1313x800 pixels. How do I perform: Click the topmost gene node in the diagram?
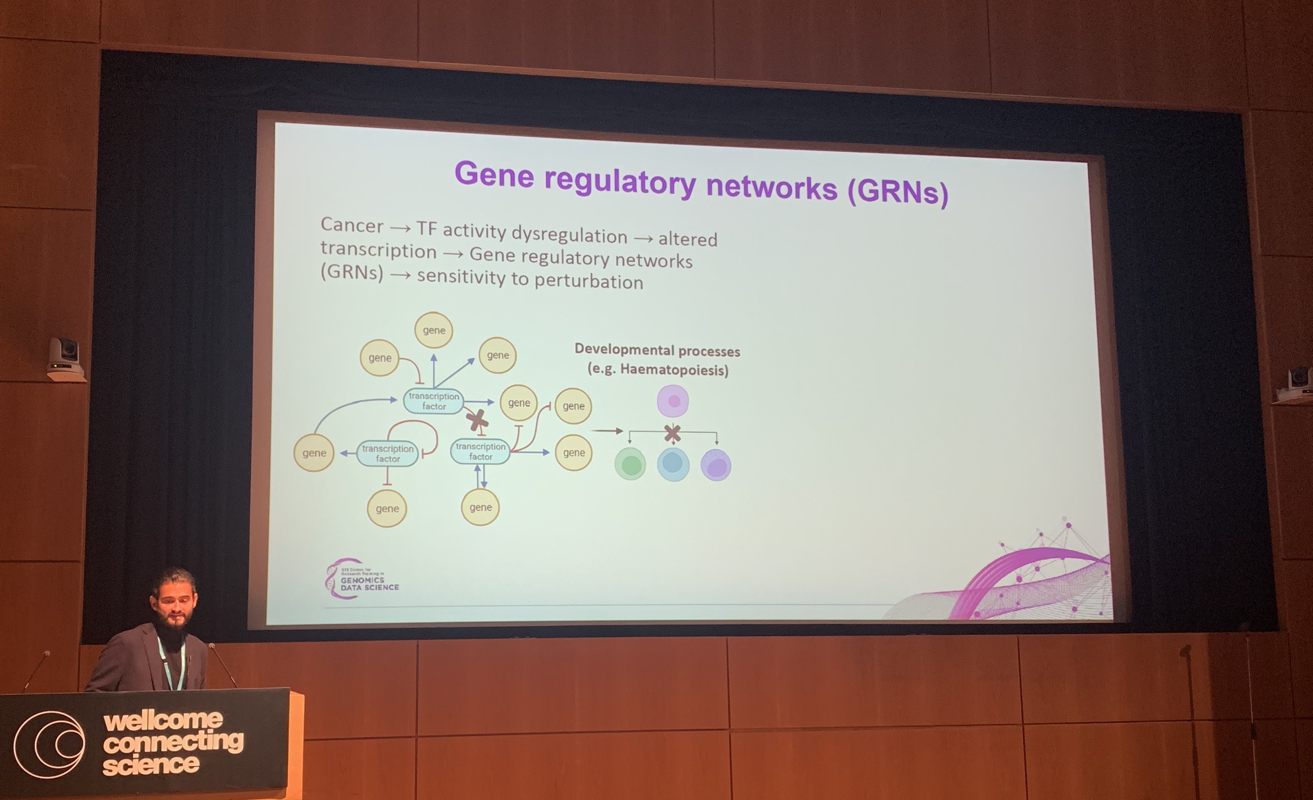click(x=434, y=330)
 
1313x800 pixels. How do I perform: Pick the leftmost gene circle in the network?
click(x=314, y=453)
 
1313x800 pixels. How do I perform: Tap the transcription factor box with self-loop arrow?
click(x=387, y=453)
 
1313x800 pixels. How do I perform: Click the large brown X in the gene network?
click(x=477, y=421)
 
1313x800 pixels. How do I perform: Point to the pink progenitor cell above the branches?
click(x=673, y=401)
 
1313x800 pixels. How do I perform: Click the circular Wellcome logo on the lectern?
click(x=49, y=744)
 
